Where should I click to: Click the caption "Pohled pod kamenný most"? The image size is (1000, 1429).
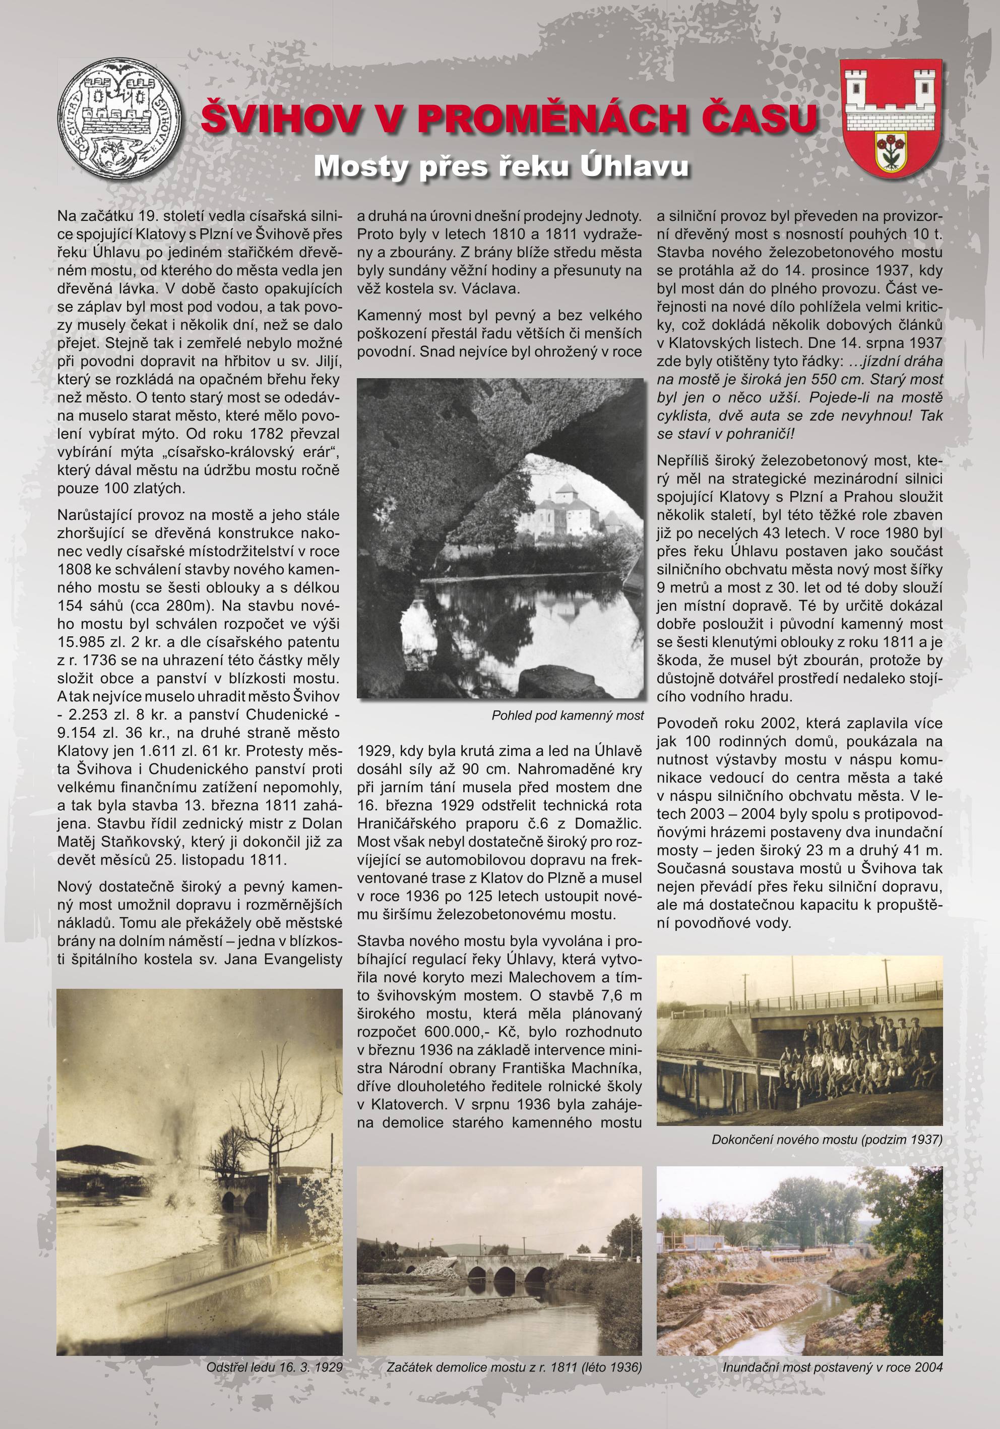pyautogui.click(x=567, y=715)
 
